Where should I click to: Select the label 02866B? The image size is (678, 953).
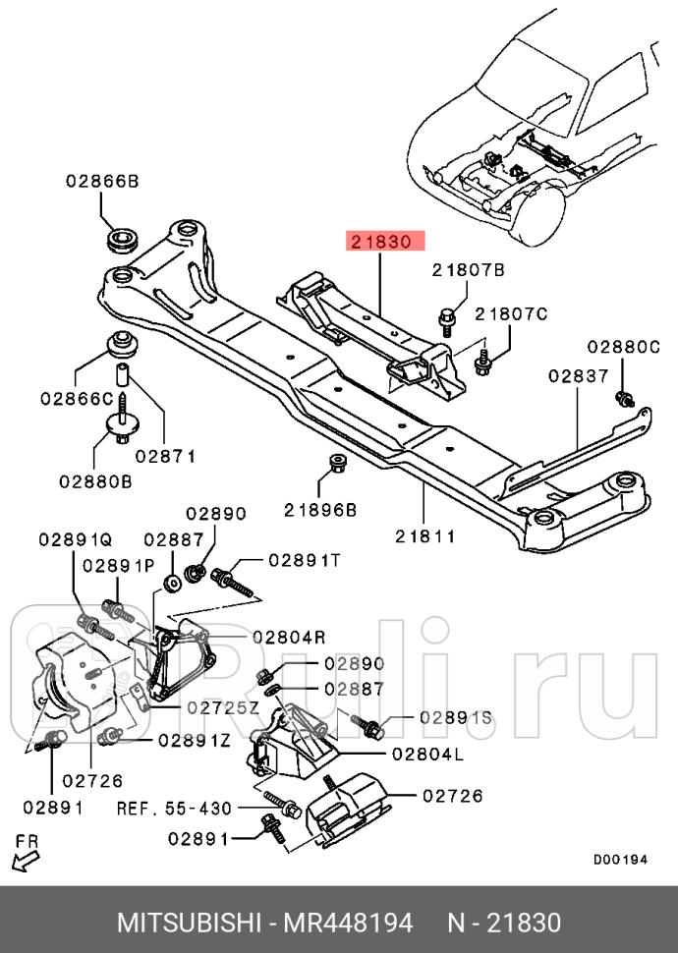(x=102, y=181)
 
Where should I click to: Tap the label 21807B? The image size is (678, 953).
(x=468, y=269)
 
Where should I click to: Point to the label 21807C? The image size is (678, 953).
(x=510, y=313)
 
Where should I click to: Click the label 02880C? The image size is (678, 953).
(x=624, y=347)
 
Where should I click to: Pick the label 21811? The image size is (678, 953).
(x=425, y=536)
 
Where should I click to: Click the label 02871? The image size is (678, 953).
(x=166, y=456)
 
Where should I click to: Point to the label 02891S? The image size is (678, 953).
(x=455, y=718)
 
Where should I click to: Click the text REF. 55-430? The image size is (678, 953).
(x=175, y=808)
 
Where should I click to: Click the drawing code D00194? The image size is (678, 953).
(x=620, y=859)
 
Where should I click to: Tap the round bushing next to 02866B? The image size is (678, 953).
(x=124, y=240)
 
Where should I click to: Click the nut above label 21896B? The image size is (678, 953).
(x=335, y=463)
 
